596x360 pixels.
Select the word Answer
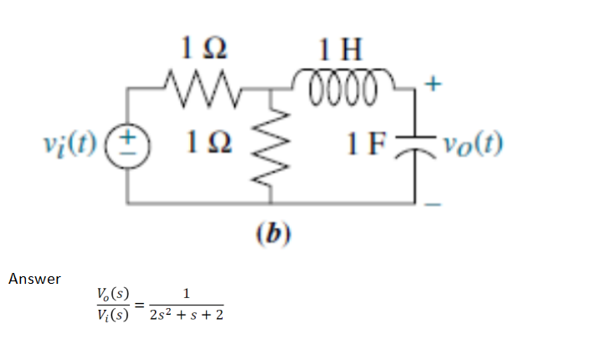(x=34, y=279)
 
